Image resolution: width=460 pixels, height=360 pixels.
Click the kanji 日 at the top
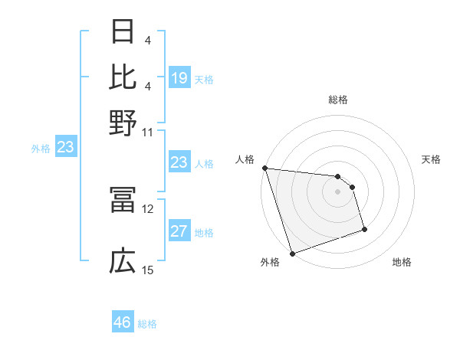[123, 32]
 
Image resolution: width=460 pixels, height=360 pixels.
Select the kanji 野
[123, 121]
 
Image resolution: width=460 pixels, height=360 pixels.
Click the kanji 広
[123, 263]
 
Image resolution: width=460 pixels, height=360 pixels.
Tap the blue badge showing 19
[179, 78]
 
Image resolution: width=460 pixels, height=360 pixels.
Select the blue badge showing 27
[179, 232]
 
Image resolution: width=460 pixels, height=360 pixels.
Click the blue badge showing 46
[123, 322]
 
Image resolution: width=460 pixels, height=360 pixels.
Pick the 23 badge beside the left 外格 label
[65, 148]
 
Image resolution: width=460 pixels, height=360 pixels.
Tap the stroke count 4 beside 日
[147, 39]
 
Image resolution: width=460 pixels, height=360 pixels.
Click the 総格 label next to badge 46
[147, 323]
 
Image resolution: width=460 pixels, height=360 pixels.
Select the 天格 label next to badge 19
[204, 79]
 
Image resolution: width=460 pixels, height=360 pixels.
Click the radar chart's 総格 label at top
[337, 100]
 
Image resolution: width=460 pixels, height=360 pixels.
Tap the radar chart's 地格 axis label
[402, 263]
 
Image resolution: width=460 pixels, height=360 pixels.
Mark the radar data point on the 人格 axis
[264, 168]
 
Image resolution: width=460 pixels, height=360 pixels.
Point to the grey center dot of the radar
[337, 191]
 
